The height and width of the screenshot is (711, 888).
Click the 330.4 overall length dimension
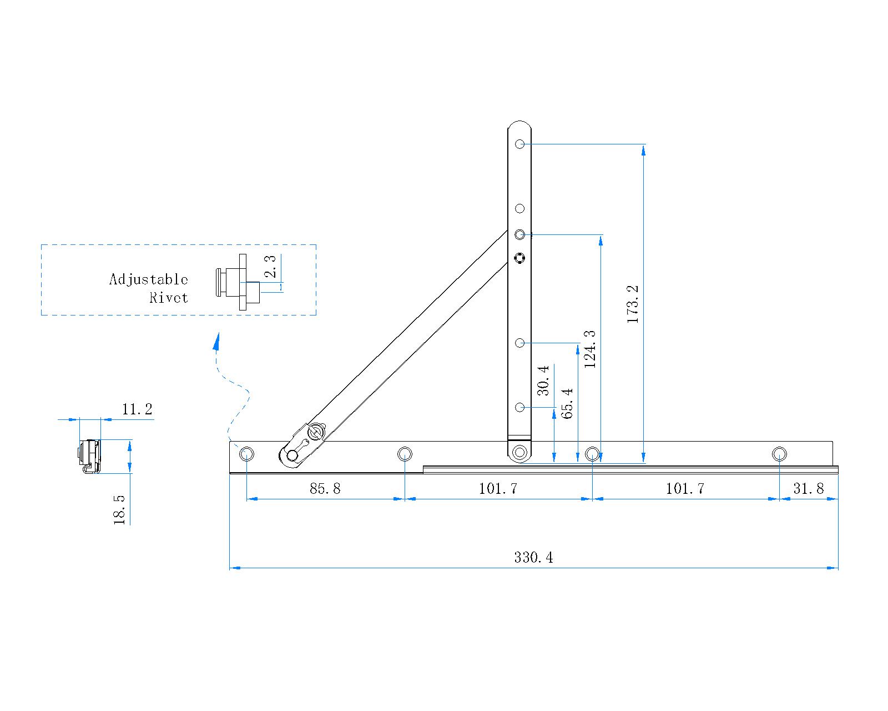tap(533, 557)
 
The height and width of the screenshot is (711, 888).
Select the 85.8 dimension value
tap(325, 488)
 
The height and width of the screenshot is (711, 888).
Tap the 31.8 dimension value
tap(808, 488)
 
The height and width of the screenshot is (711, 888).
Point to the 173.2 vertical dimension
tap(633, 304)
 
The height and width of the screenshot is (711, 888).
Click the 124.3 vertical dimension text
tap(590, 349)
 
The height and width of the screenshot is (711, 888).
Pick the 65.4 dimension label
tap(567, 403)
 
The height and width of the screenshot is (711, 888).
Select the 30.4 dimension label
tap(543, 380)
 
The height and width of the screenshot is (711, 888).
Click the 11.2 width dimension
tap(137, 409)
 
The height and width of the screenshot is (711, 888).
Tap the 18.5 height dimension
tap(119, 510)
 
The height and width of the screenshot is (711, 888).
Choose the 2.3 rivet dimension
tap(270, 267)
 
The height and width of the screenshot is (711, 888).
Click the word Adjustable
tap(148, 279)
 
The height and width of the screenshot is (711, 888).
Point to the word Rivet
tap(169, 298)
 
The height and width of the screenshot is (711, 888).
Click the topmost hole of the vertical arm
tap(519, 144)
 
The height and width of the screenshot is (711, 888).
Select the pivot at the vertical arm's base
tap(520, 452)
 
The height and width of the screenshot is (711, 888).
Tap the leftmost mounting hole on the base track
tap(246, 454)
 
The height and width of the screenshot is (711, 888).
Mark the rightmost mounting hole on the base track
tap(779, 454)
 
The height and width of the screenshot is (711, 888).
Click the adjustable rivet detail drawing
tap(239, 282)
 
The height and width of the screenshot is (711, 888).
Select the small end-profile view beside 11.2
tap(89, 456)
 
